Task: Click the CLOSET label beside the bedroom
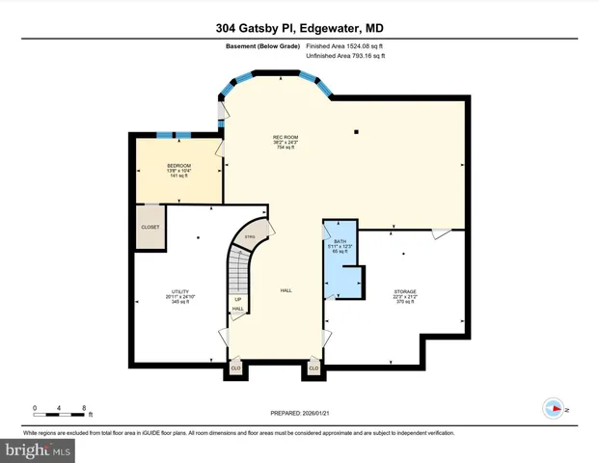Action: (150, 227)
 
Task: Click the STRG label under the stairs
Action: (250, 236)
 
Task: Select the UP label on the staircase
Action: (237, 299)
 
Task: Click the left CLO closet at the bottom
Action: (235, 367)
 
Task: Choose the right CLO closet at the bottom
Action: (313, 367)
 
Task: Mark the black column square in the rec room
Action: (356, 131)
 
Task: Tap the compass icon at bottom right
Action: (555, 407)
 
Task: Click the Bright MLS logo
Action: (39, 449)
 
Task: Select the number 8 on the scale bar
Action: (85, 408)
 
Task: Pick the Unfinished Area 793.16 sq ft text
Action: (345, 57)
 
